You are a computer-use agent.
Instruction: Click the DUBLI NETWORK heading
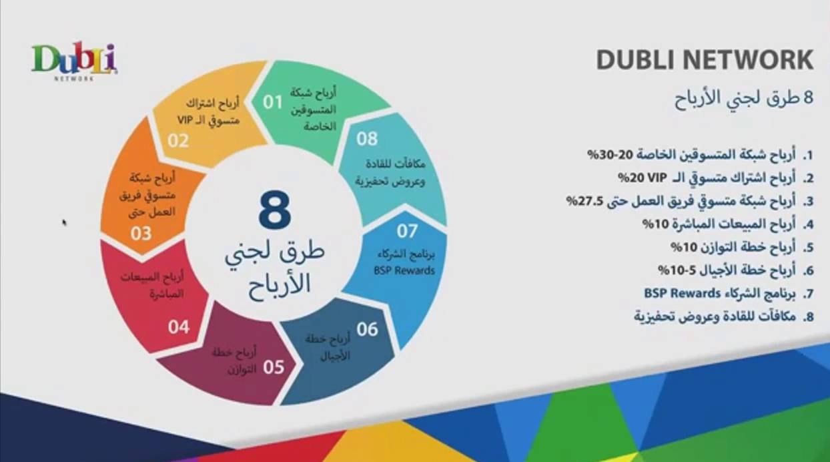click(x=705, y=59)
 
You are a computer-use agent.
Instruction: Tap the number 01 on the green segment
click(x=274, y=102)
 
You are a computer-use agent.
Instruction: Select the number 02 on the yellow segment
click(x=178, y=141)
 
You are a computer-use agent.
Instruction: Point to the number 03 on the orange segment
click(x=141, y=234)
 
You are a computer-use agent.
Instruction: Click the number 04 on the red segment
click(x=179, y=327)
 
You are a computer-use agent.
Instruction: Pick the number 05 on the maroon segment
click(x=274, y=367)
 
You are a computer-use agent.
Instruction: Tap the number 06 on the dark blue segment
click(x=367, y=329)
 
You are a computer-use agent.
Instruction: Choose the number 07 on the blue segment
click(x=407, y=231)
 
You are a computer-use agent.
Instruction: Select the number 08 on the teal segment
click(x=367, y=139)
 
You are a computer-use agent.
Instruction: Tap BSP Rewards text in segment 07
click(x=404, y=270)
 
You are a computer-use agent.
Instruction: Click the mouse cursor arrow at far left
click(x=65, y=222)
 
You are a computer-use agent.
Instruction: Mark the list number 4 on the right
click(x=808, y=225)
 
